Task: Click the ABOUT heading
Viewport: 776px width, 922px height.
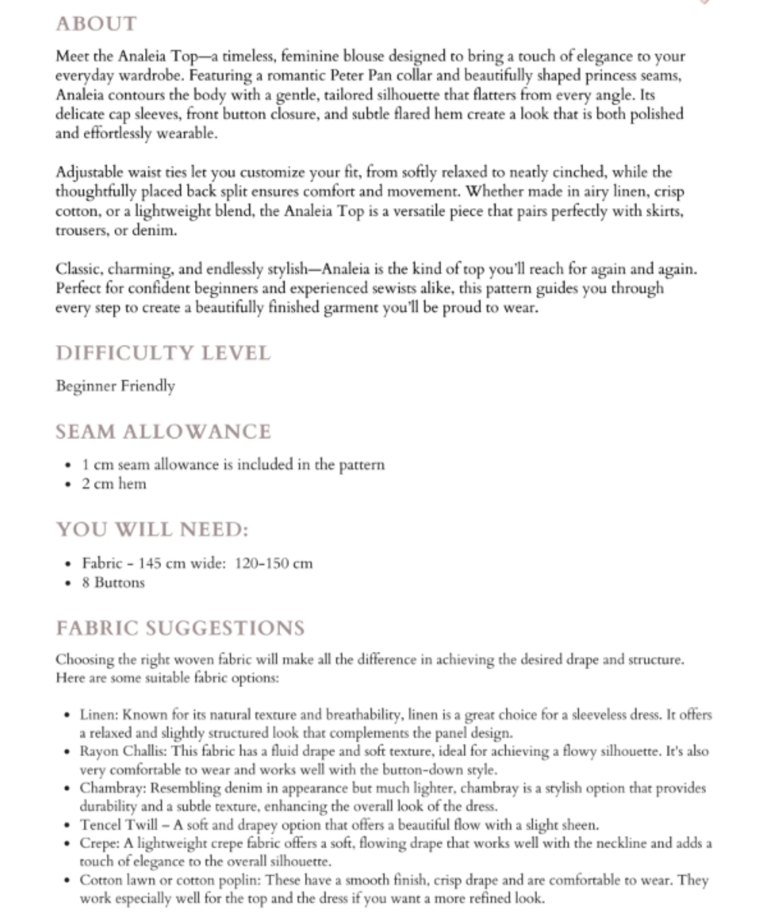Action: tap(96, 24)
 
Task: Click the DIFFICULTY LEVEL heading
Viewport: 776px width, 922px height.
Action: tap(163, 353)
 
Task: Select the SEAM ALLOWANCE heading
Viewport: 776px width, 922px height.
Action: tap(163, 432)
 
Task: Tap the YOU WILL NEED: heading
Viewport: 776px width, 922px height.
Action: tap(152, 529)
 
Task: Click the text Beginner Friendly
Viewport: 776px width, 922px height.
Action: tap(115, 386)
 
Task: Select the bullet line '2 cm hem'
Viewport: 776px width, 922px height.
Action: tap(114, 484)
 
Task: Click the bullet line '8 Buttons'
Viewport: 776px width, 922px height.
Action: tap(113, 583)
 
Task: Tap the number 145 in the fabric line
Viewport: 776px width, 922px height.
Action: tap(151, 563)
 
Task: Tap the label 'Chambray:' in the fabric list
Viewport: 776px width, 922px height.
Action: tap(113, 788)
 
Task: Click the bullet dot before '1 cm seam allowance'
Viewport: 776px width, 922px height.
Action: tap(67, 465)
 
